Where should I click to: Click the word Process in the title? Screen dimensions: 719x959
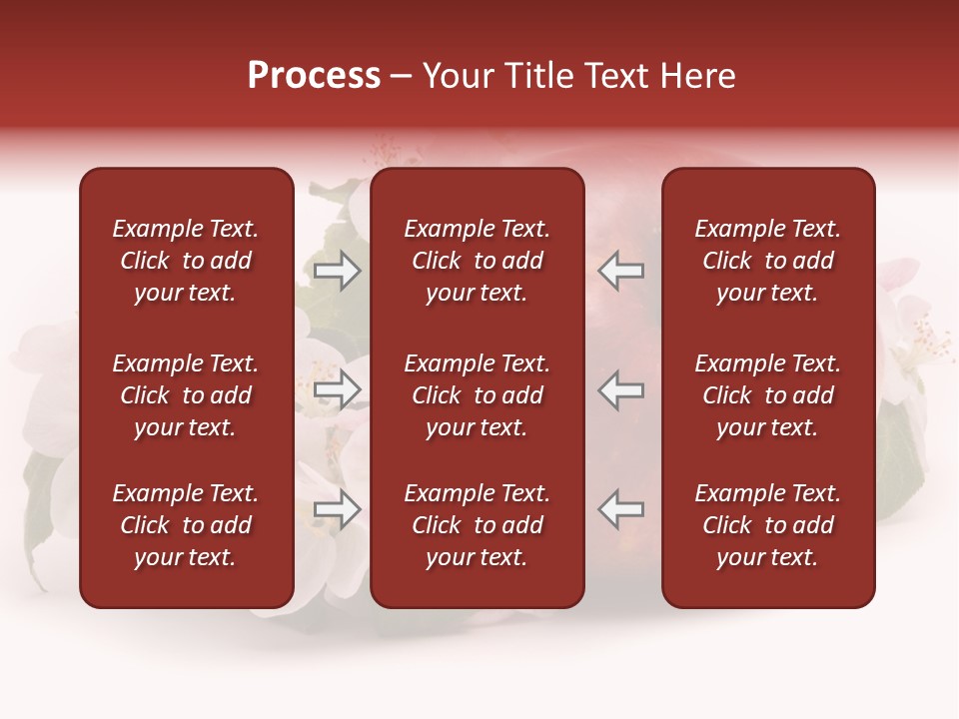pos(314,76)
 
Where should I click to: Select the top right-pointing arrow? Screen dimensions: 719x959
pos(337,271)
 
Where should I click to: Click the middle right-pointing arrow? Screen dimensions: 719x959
pos(337,390)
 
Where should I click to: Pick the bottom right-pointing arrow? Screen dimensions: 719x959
pos(337,509)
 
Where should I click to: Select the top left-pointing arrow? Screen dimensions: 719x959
pos(621,271)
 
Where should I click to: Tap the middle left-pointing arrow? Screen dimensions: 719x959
pos(621,390)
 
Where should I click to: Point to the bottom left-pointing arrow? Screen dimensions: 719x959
pos(621,509)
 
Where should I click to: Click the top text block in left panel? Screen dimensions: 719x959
pos(186,261)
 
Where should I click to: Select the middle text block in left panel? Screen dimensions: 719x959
pos(186,395)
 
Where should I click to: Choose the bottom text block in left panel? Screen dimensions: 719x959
pos(186,525)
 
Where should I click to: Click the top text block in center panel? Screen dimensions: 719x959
pos(478,261)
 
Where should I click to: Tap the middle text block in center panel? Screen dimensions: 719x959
pos(478,395)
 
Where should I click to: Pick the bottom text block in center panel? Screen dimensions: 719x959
pos(478,525)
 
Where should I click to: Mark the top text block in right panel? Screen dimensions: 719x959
pos(768,261)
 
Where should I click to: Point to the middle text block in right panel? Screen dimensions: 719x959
pos(768,395)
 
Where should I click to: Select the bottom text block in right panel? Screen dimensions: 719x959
pos(768,525)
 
